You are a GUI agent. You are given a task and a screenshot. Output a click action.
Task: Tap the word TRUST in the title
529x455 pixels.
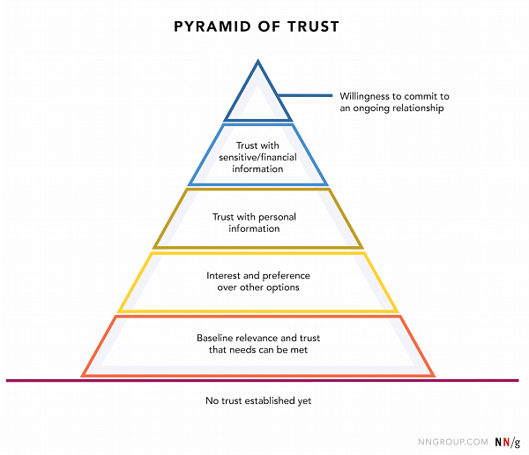point(315,26)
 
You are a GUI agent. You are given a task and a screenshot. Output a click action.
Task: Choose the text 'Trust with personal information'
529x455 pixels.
point(258,222)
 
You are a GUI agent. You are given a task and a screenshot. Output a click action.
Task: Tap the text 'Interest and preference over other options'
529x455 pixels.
point(258,281)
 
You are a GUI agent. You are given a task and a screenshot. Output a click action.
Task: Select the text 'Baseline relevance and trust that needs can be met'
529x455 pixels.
point(258,344)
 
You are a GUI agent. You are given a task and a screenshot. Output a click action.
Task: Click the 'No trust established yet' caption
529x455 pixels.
point(258,401)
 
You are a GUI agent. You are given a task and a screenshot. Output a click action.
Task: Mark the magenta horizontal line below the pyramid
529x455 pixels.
point(264,381)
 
